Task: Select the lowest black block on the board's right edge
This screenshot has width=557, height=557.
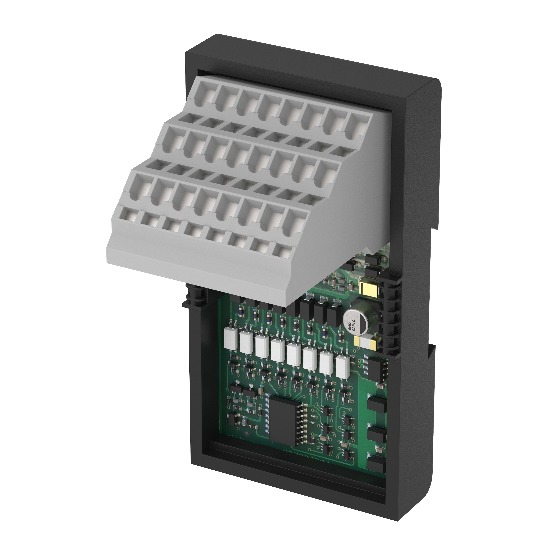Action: [x=377, y=465]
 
